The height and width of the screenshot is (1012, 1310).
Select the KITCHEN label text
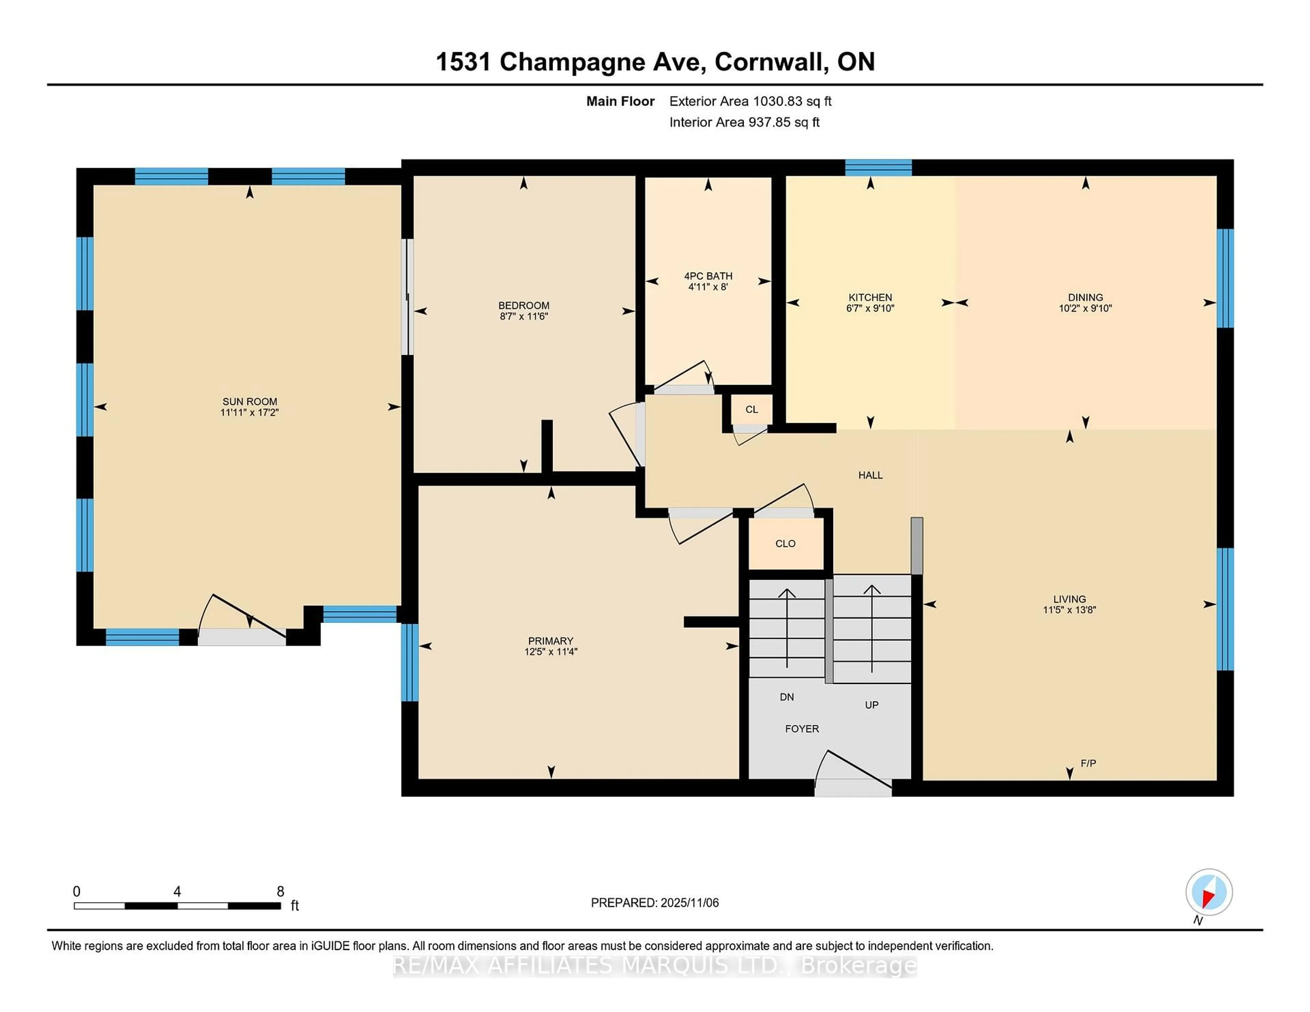pos(870,297)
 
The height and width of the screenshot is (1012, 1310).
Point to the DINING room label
pos(1085,297)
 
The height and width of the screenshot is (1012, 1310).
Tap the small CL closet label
pos(752,410)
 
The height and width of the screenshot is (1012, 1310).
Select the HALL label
pos(870,475)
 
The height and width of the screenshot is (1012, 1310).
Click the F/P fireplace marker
pos(1088,763)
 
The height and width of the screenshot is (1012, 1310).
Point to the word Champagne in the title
pos(602,62)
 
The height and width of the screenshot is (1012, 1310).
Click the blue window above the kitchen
pos(878,168)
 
